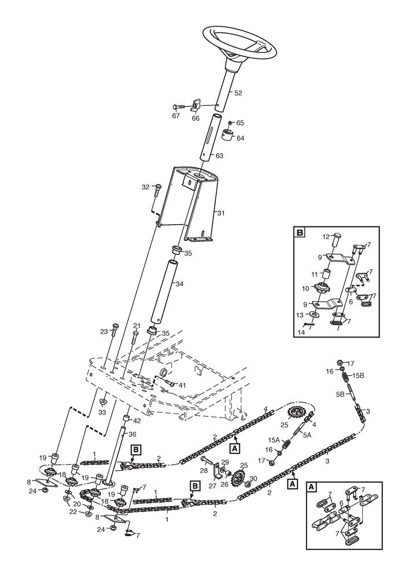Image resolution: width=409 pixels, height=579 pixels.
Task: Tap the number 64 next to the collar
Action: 240,138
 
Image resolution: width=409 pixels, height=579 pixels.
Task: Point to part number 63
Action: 219,156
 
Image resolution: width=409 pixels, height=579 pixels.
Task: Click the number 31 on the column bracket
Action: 220,213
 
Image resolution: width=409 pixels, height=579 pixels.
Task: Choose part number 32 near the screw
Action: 146,186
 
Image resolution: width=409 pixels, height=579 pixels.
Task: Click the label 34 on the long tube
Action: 179,284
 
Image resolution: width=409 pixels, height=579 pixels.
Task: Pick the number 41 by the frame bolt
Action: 182,385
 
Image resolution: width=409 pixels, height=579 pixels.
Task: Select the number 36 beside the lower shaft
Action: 132,434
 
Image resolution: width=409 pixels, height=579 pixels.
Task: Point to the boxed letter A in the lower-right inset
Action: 311,488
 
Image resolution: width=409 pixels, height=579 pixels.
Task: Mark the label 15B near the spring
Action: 359,376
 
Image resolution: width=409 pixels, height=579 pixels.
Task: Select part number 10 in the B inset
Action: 306,288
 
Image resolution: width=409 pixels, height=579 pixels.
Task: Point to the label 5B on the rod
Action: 341,394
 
